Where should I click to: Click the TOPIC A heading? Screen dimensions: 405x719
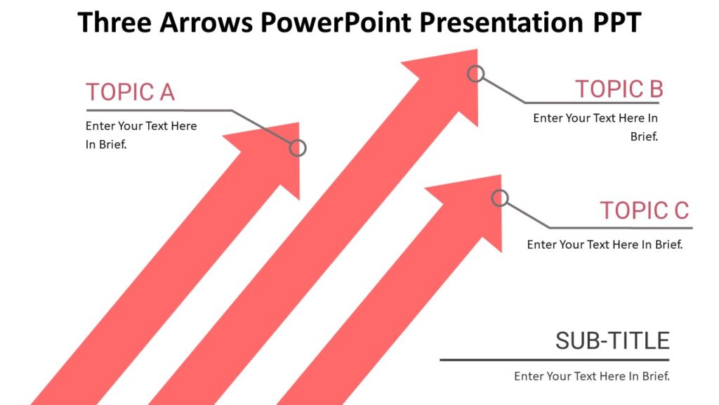click(x=130, y=92)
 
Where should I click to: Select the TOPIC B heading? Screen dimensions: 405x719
click(x=619, y=89)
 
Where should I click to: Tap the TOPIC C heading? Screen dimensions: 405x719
click(x=644, y=210)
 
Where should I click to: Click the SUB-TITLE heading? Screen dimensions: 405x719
click(x=612, y=341)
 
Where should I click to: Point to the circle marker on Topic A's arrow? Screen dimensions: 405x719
click(x=298, y=148)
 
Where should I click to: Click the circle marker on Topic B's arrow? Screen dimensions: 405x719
click(x=476, y=74)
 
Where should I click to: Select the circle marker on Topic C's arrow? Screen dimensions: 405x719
click(x=500, y=198)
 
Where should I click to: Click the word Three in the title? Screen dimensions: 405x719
click(x=114, y=22)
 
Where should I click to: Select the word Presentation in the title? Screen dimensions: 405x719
click(x=492, y=22)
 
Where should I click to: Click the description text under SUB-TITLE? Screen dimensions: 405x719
click(x=592, y=376)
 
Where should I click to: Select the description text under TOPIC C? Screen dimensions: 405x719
click(x=605, y=245)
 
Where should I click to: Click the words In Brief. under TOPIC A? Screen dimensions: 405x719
click(x=110, y=144)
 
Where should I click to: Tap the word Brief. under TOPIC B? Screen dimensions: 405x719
click(x=644, y=136)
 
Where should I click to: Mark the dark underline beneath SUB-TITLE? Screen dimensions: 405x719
click(x=555, y=360)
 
